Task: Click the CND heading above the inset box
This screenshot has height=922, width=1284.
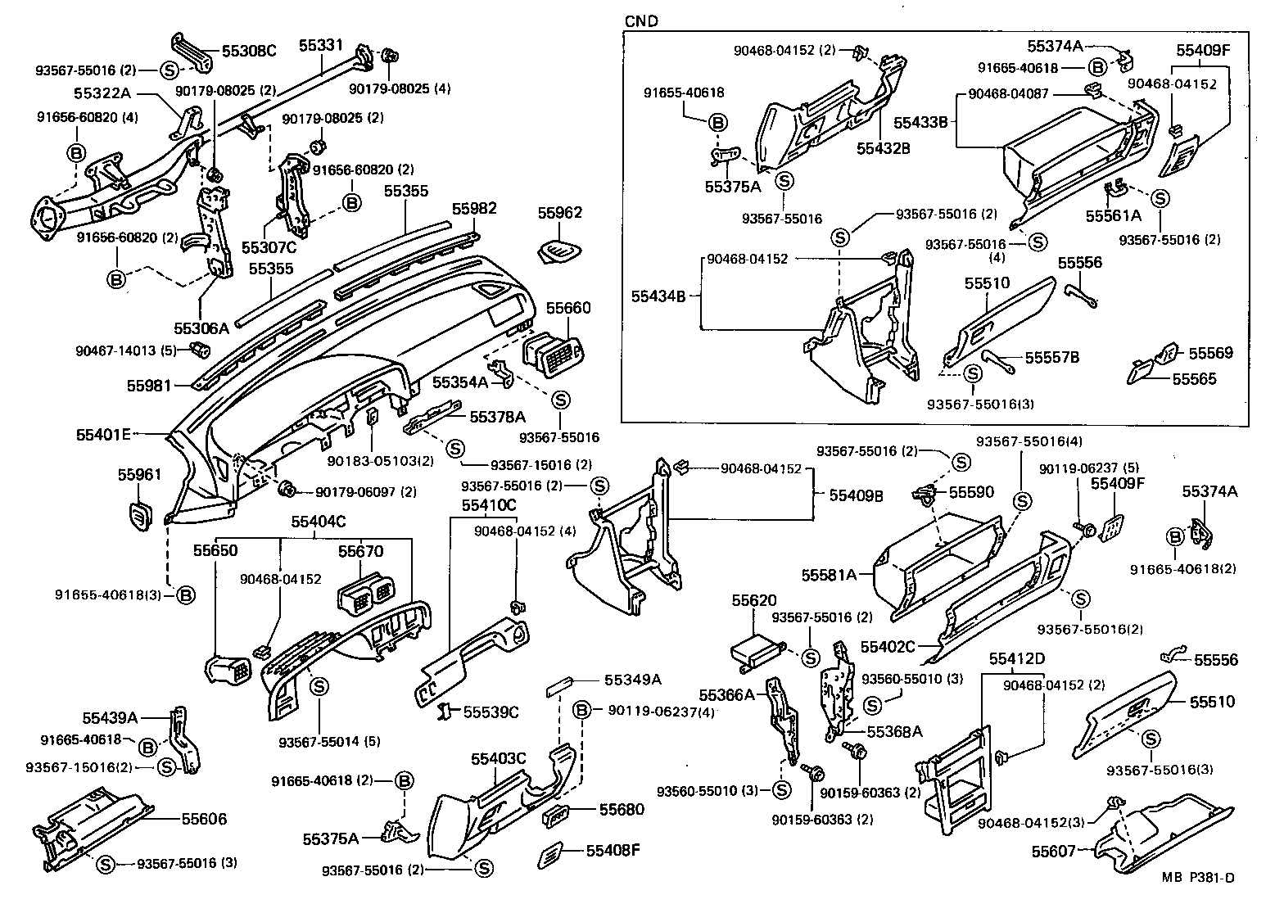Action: pos(641,21)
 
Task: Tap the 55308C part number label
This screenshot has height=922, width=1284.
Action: pos(250,51)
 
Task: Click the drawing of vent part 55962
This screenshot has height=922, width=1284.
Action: pos(562,251)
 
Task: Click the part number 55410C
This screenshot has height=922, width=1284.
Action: pos(489,505)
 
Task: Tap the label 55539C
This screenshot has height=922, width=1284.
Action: pos(491,712)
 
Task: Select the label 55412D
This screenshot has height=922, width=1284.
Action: pos(1016,659)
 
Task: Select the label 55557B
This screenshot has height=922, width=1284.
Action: pos(1052,357)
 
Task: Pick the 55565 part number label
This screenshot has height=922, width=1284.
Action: pos(1194,379)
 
